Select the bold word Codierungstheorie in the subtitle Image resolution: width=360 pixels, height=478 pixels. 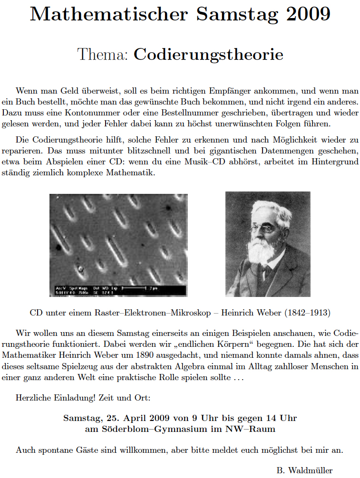[x=208, y=55]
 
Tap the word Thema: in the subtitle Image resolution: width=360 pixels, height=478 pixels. [x=103, y=55]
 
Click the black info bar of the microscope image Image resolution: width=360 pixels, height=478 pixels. [x=117, y=291]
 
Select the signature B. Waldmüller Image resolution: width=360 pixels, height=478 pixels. [x=304, y=470]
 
